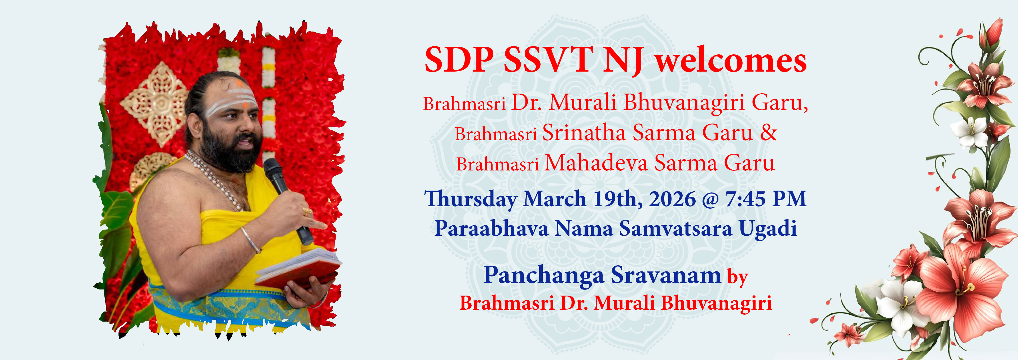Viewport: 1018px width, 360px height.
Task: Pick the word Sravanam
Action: [666, 275]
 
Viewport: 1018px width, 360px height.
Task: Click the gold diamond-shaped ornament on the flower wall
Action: [154, 104]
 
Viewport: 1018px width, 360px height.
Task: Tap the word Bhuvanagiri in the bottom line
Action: [716, 304]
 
